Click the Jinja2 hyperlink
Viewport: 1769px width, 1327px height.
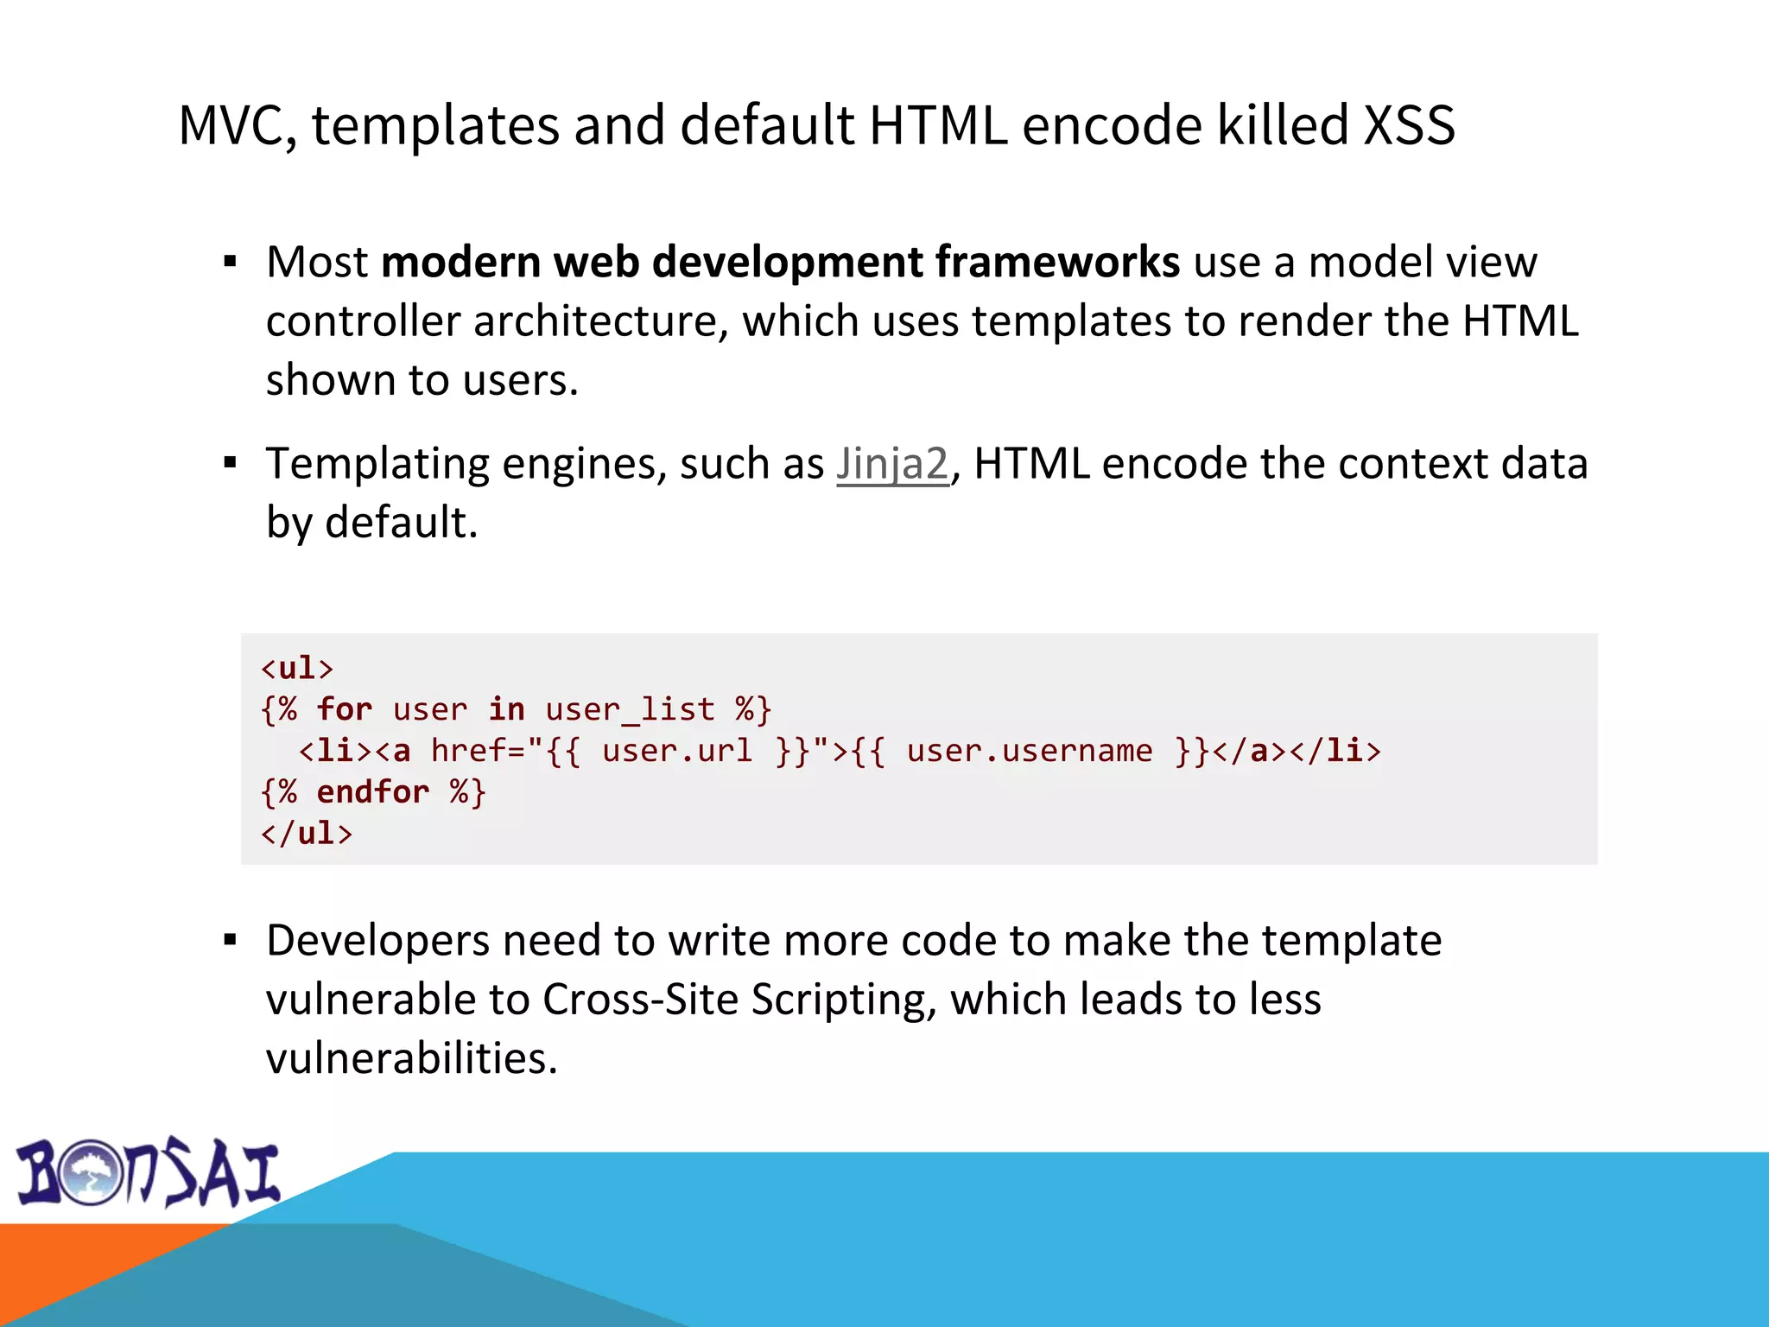pyautogui.click(x=892, y=464)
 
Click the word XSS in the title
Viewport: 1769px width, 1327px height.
pyautogui.click(x=1409, y=125)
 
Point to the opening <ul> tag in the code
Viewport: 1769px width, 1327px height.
pyautogui.click(x=297, y=668)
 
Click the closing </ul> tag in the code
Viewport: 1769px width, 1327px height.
pyautogui.click(x=307, y=833)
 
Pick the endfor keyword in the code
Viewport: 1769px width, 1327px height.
pyautogui.click(x=372, y=792)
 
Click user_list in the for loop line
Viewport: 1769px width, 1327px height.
pyautogui.click(x=630, y=709)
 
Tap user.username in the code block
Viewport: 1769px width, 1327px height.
pyautogui.click(x=1029, y=751)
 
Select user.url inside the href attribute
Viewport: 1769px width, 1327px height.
pyautogui.click(x=677, y=751)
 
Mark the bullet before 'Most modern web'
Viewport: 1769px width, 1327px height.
pyautogui.click(x=230, y=262)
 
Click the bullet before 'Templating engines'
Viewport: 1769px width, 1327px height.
pyautogui.click(x=230, y=464)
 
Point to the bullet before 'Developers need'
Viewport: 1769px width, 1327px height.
pyautogui.click(x=230, y=940)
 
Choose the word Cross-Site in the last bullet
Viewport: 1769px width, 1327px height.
pyautogui.click(x=640, y=1000)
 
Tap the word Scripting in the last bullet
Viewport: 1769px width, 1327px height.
pyautogui.click(x=843, y=1000)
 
